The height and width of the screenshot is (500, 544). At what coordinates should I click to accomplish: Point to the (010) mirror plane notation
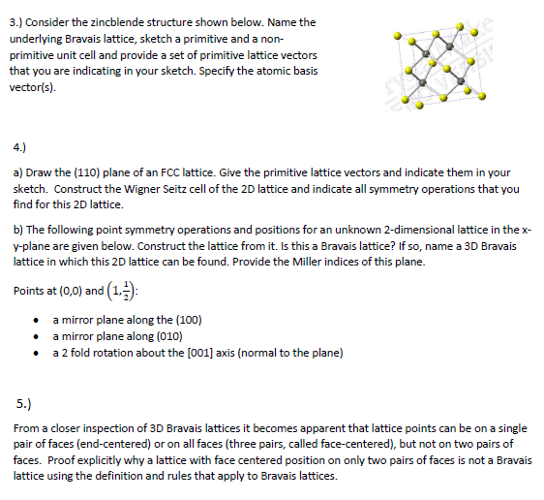point(188,335)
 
